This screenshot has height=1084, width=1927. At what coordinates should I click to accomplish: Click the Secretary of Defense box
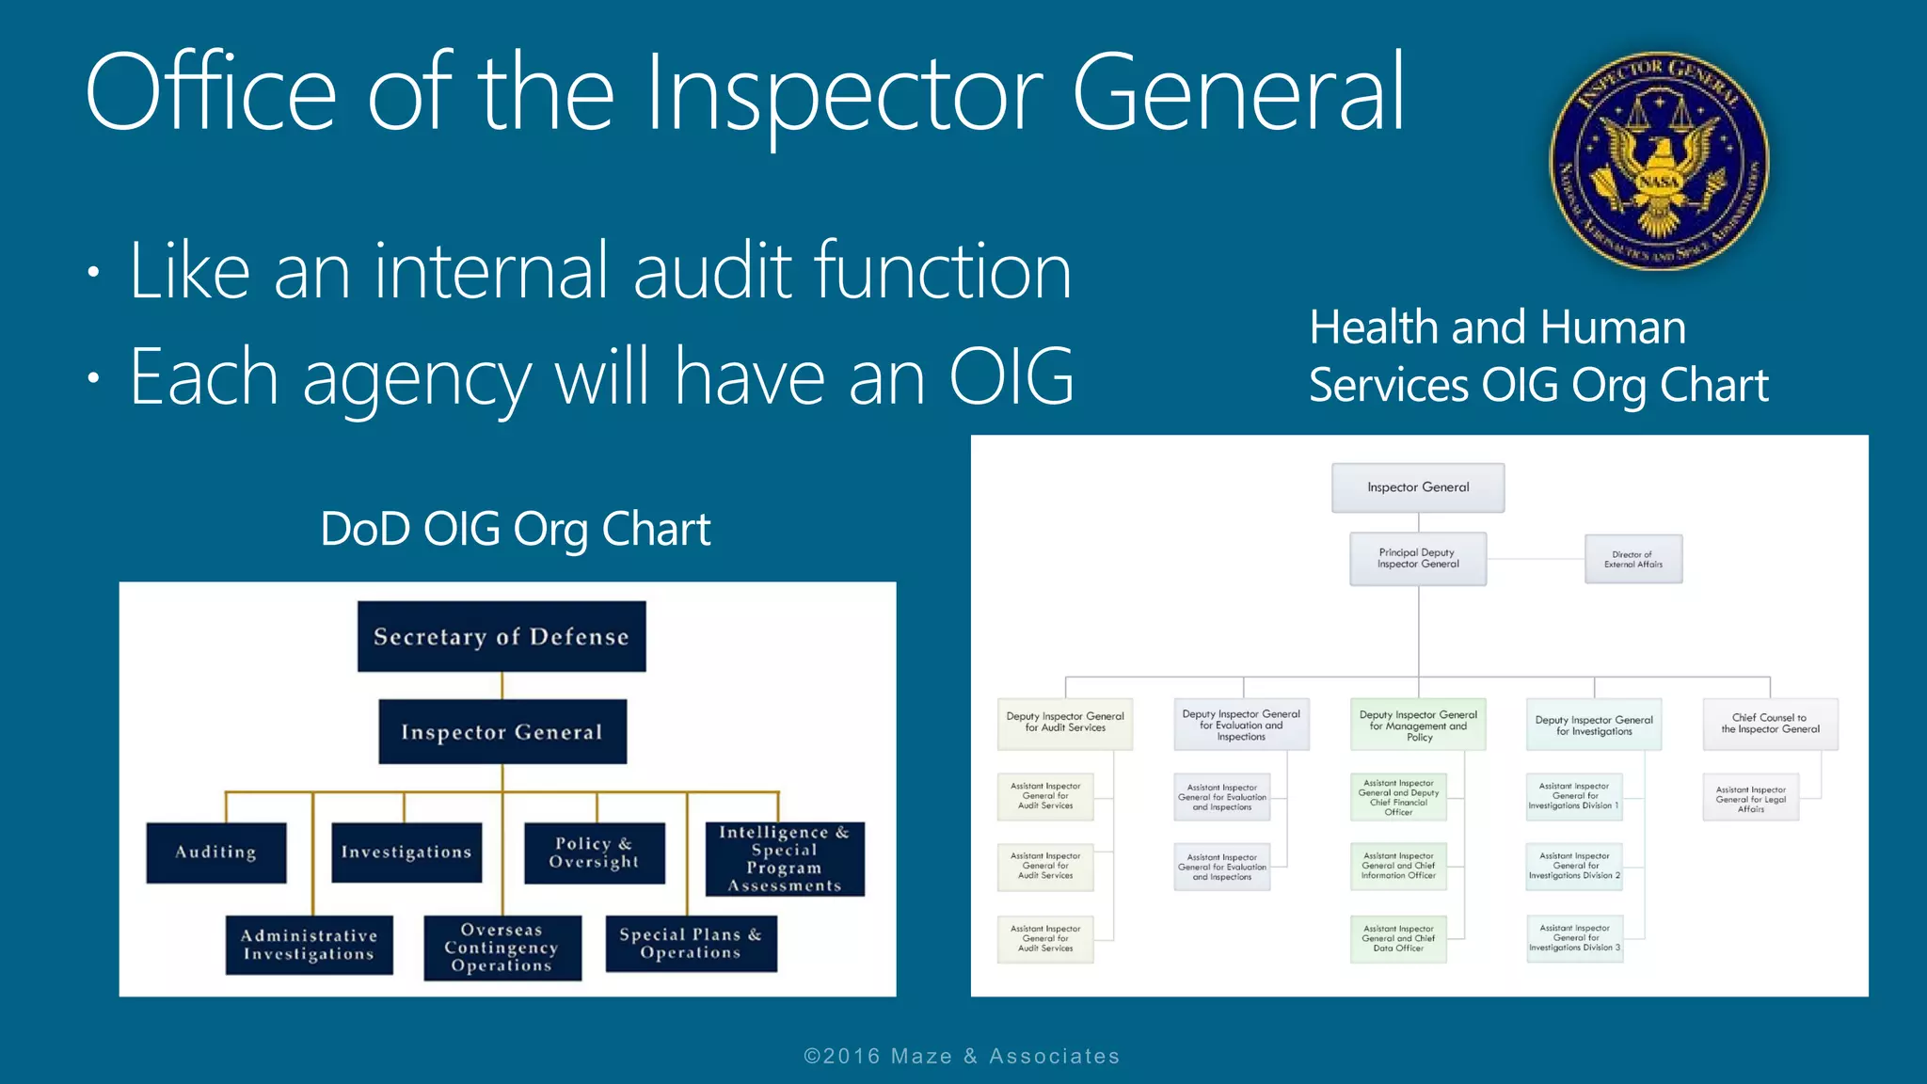click(x=502, y=637)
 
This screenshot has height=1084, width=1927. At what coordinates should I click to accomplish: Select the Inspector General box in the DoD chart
click(x=502, y=732)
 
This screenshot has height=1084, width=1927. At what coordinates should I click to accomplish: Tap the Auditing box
click(x=215, y=853)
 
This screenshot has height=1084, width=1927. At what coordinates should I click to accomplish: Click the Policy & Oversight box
click(x=594, y=853)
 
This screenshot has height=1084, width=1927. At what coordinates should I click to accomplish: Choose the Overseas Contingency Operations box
click(x=502, y=948)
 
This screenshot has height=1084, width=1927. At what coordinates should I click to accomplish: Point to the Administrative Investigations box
click(x=309, y=945)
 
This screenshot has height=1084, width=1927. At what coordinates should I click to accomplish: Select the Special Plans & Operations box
click(x=691, y=943)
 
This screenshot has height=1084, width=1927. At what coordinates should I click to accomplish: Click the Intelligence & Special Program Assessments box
click(x=784, y=858)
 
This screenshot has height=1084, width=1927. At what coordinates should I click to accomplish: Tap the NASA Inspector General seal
click(x=1659, y=161)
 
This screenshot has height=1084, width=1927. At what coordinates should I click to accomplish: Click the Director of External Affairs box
click(x=1632, y=560)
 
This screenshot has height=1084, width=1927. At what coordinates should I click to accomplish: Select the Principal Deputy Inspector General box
click(x=1417, y=559)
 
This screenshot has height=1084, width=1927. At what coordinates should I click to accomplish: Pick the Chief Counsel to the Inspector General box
click(x=1769, y=724)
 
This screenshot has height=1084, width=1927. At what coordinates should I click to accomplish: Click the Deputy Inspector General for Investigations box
click(x=1593, y=725)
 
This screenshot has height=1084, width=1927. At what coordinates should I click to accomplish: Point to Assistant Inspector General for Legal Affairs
click(x=1750, y=799)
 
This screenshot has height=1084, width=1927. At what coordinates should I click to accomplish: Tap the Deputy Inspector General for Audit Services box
click(x=1064, y=723)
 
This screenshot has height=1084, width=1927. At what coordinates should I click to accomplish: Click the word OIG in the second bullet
click(x=1011, y=377)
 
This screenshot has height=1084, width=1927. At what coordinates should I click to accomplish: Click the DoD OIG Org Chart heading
click(x=515, y=529)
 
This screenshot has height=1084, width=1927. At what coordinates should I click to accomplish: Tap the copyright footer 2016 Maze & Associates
click(x=962, y=1056)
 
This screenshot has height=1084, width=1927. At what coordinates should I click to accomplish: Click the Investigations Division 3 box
click(x=1574, y=938)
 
